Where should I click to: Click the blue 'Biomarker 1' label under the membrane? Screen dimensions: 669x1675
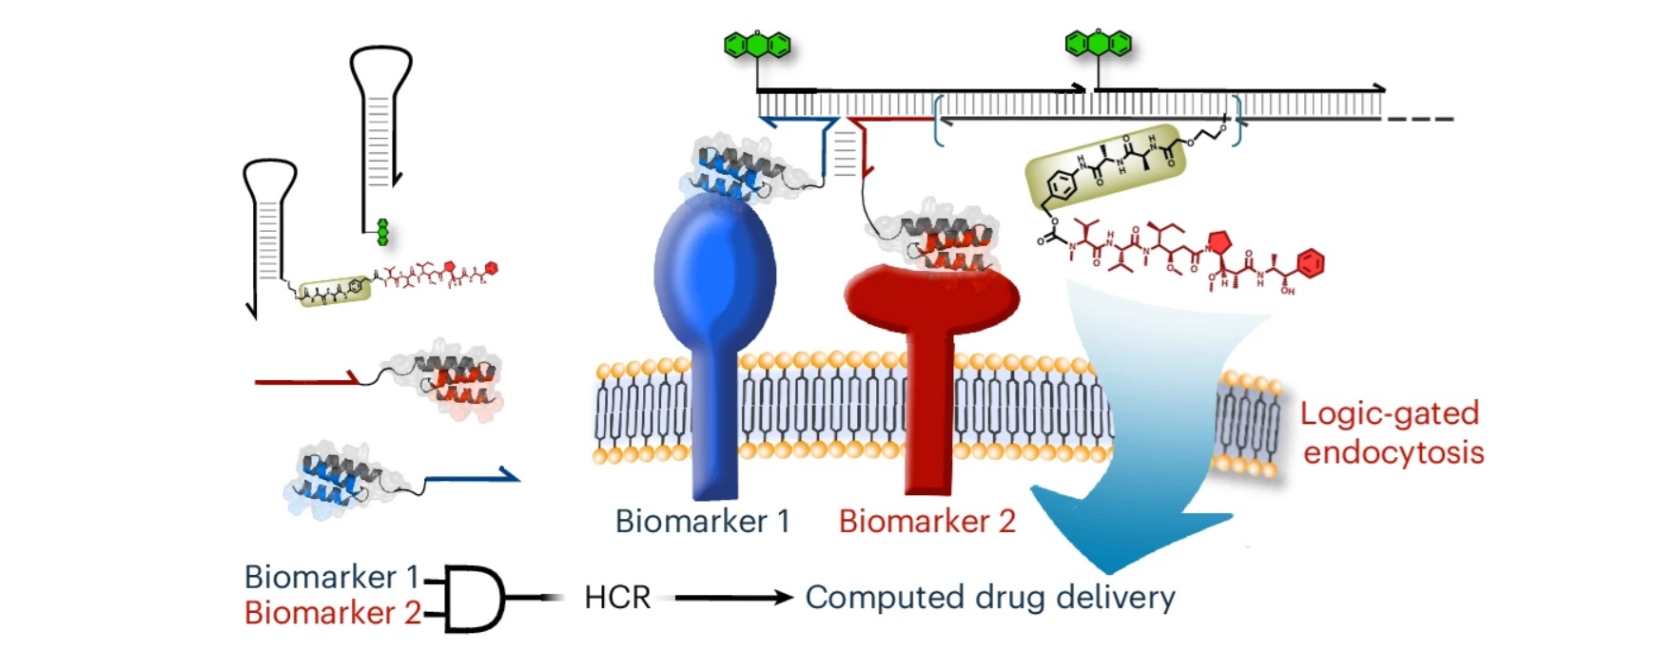pyautogui.click(x=702, y=522)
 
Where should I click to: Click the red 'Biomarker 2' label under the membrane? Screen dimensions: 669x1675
pyautogui.click(x=926, y=522)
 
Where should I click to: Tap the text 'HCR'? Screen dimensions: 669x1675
pyautogui.click(x=617, y=598)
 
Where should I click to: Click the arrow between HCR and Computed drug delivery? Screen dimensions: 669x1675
pyautogui.click(x=732, y=598)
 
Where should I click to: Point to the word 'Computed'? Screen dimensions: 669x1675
pyautogui.click(x=870, y=598)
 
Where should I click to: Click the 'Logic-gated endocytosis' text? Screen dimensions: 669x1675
pyautogui.click(x=1392, y=432)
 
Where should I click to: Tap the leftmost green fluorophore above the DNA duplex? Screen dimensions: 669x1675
pyautogui.click(x=757, y=45)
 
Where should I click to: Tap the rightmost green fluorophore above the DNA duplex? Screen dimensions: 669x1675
pyautogui.click(x=1099, y=44)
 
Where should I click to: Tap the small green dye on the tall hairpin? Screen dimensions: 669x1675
pyautogui.click(x=382, y=232)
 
